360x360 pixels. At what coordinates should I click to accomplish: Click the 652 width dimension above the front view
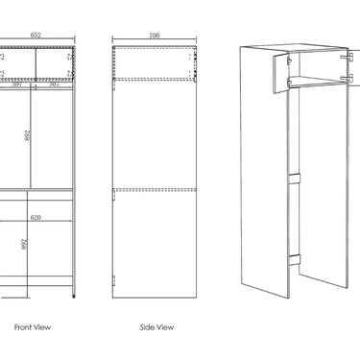click(x=36, y=36)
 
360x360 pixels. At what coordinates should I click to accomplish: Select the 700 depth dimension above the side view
click(x=153, y=36)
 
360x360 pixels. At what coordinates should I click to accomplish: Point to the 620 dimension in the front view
click(x=36, y=218)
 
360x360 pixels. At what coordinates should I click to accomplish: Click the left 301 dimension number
click(x=17, y=85)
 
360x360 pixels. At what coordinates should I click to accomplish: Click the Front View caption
click(x=33, y=327)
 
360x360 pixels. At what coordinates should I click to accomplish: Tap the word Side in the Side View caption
click(x=147, y=327)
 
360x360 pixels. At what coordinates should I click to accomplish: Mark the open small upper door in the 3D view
click(x=282, y=72)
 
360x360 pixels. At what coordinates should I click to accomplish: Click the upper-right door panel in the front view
click(x=54, y=62)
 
